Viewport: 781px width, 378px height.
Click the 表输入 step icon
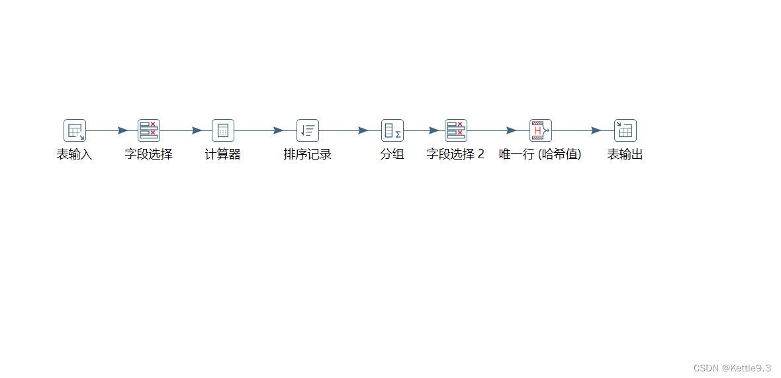(75, 130)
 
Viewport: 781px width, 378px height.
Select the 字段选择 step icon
(149, 130)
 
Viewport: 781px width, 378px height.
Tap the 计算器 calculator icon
(223, 130)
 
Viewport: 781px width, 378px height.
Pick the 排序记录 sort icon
(308, 130)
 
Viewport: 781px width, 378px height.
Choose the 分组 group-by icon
(392, 130)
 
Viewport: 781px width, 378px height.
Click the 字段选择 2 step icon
(456, 130)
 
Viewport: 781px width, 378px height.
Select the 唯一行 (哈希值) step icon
(541, 130)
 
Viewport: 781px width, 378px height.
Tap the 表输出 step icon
(625, 130)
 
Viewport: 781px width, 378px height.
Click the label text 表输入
(74, 155)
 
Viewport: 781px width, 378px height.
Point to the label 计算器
(222, 155)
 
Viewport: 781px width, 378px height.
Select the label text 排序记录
(308, 155)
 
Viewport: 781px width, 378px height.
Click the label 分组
(392, 155)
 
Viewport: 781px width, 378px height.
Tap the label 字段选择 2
(455, 155)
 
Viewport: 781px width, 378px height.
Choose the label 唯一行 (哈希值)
(540, 155)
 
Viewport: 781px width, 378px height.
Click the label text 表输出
(625, 155)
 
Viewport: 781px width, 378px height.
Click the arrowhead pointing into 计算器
(197, 130)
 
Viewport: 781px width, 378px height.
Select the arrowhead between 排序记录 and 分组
(363, 130)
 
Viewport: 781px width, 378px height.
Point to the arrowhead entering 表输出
(596, 130)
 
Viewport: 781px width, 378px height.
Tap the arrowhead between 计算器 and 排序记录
(278, 130)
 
